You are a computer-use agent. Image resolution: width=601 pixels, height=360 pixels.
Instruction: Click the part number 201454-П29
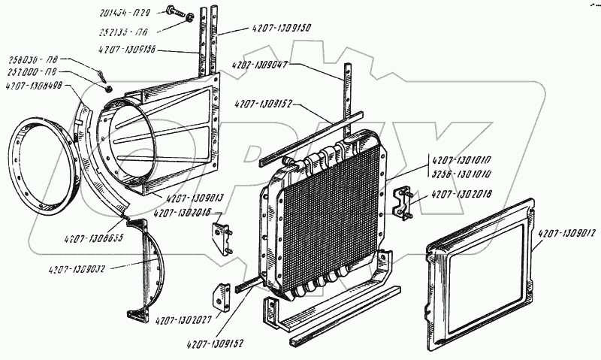[x=125, y=14]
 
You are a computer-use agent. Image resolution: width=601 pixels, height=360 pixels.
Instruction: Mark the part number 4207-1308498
[x=37, y=85]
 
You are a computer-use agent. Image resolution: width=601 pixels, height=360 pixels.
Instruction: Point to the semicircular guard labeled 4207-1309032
[x=150, y=271]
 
